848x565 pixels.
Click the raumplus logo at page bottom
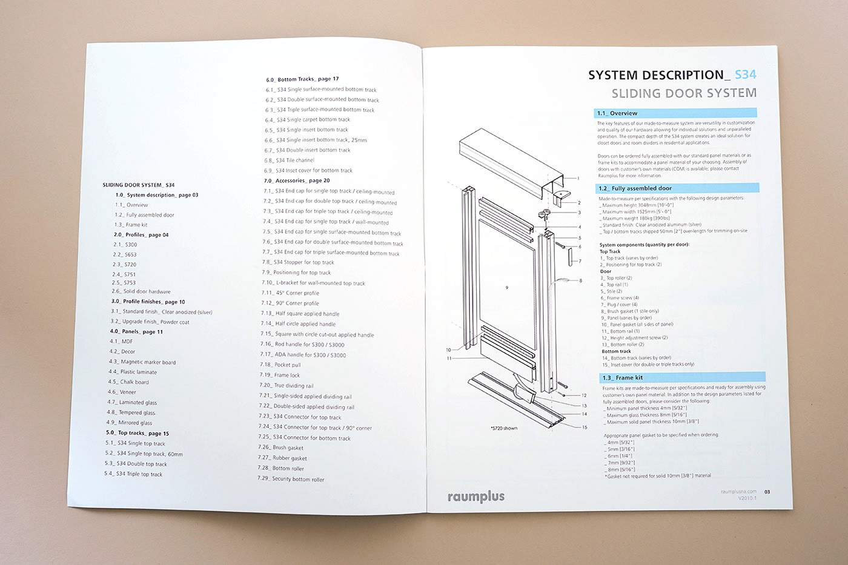[x=475, y=497]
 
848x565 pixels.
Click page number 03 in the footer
[x=767, y=492]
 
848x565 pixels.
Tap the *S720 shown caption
[x=503, y=428]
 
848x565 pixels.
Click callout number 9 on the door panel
[x=506, y=287]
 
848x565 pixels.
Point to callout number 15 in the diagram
[x=585, y=427]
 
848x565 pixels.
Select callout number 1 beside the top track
[x=578, y=179]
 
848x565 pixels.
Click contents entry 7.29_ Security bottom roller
[x=291, y=479]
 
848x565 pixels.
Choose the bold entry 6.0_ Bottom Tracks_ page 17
[x=302, y=79]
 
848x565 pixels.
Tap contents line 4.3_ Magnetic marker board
[x=142, y=362]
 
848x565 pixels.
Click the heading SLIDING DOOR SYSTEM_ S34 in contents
[x=139, y=185]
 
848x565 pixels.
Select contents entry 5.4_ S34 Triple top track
[x=133, y=474]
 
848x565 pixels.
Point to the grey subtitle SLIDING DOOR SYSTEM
[x=684, y=93]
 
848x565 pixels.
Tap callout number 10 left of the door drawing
[x=449, y=350]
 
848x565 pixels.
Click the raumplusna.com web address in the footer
[x=738, y=492]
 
